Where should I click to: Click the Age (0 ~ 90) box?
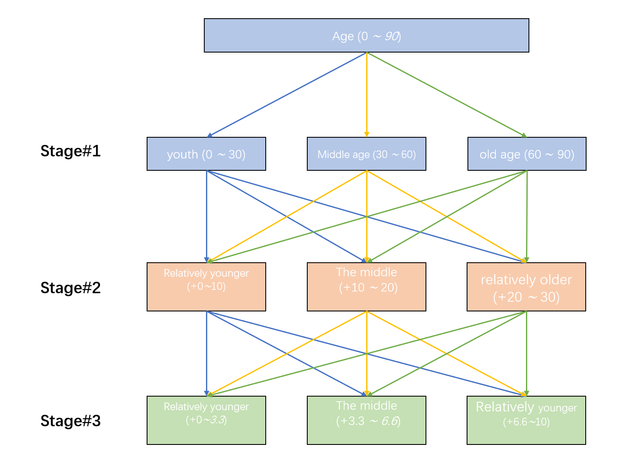coord(366,36)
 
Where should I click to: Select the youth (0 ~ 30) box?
coord(206,154)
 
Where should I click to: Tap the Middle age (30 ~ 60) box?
coord(366,154)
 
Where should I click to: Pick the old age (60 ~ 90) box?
coord(526,154)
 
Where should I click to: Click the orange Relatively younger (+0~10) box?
coord(206,287)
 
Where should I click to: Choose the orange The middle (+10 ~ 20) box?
coord(366,287)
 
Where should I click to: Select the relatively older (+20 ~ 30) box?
coord(526,287)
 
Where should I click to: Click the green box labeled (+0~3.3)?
coord(206,420)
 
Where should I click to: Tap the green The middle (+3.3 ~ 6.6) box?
coord(366,420)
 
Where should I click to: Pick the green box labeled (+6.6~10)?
coord(526,420)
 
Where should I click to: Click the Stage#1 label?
coord(70,151)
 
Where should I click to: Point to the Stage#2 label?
coord(70,288)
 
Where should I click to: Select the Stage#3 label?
coord(70,421)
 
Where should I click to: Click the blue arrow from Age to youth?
coord(287,94)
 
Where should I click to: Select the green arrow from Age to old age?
coord(446,94)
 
